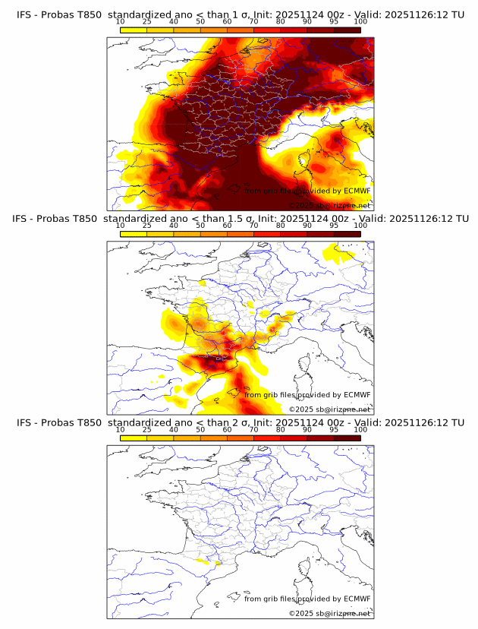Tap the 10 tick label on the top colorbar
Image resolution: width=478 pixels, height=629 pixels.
pos(120,22)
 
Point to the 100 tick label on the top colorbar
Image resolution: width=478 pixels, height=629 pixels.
pos(360,22)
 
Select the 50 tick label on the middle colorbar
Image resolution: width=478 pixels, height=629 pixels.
pos(200,226)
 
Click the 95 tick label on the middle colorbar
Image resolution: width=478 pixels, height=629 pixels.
pos(334,226)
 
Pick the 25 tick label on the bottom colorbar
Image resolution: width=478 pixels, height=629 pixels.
pos(147,429)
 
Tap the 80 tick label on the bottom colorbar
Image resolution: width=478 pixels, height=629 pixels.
pos(280,429)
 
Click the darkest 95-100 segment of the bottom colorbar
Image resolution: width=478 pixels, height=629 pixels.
pos(347,438)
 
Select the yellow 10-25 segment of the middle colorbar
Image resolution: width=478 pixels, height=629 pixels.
pos(134,234)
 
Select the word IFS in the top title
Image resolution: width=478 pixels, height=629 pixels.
pos(24,15)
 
